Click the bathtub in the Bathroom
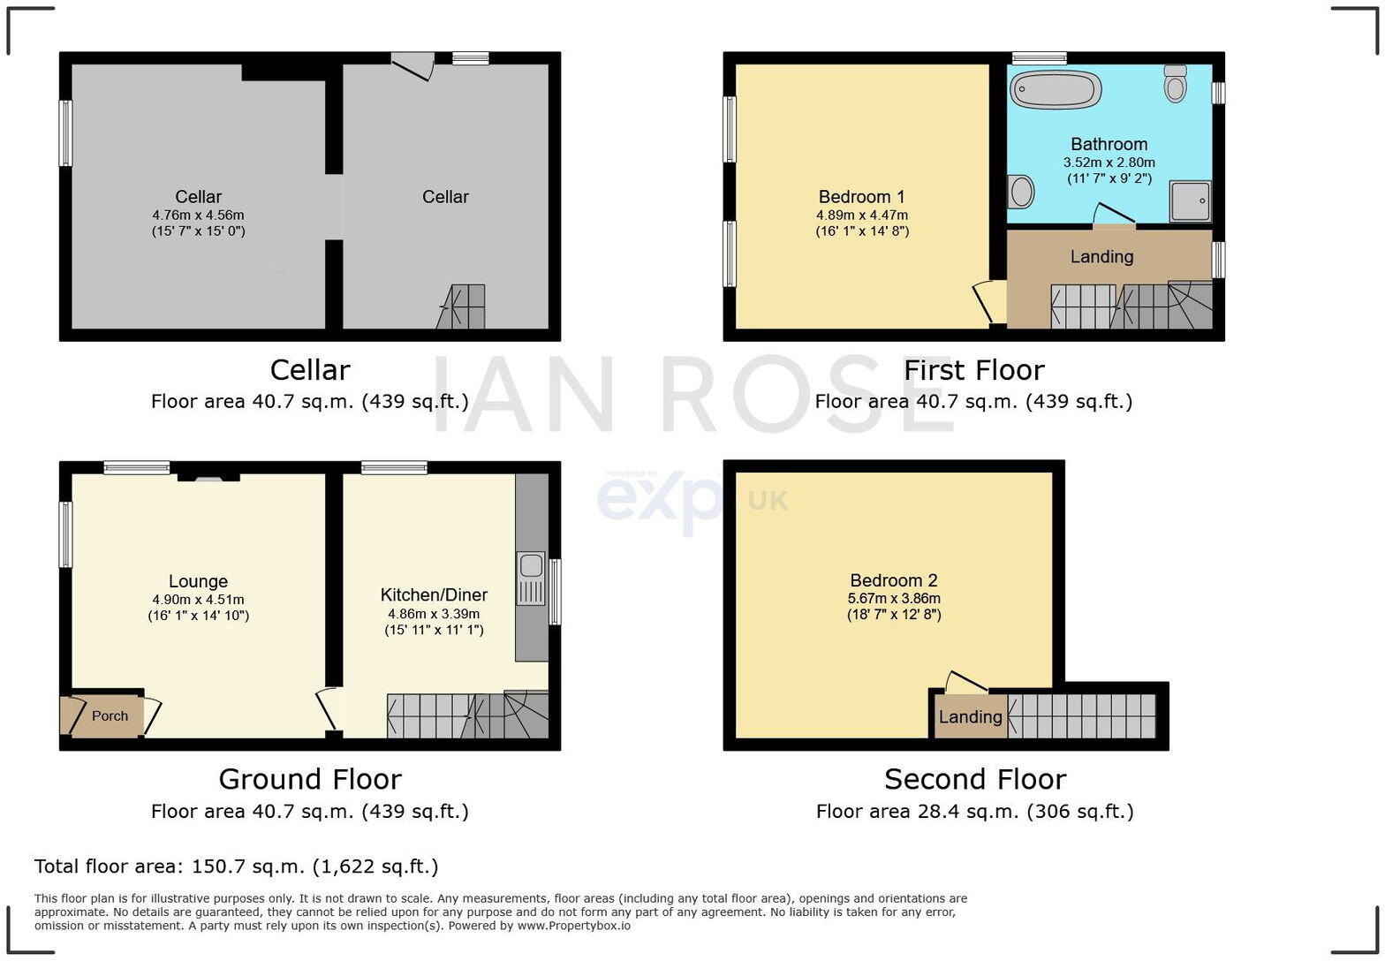coord(1056,89)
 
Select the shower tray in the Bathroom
coord(1190,201)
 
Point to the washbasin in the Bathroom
coord(1021,191)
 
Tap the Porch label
coord(110,715)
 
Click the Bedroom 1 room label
coord(861,197)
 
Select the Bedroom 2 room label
coord(893,580)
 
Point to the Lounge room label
coord(198,581)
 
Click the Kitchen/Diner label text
coord(434,594)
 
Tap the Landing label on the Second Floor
coord(970,716)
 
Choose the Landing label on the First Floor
coord(1101,256)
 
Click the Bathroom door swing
coord(1112,215)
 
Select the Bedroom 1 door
coord(986,302)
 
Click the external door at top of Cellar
coord(413,65)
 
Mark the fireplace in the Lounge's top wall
coord(208,477)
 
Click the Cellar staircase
coord(461,306)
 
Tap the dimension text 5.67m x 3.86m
coord(893,598)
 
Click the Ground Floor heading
coord(309,779)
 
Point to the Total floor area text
coord(236,866)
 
